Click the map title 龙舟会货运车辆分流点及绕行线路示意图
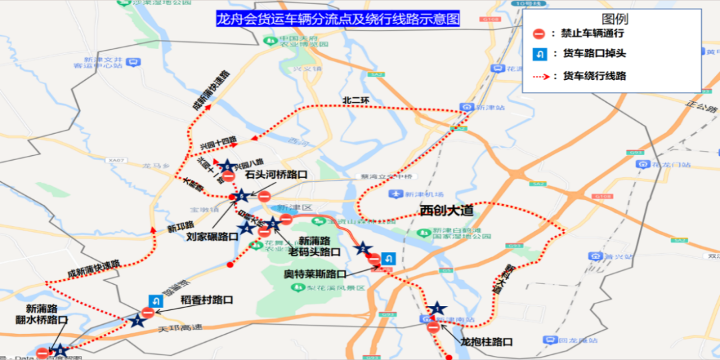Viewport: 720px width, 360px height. point(338,19)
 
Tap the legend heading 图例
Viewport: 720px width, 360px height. point(614,19)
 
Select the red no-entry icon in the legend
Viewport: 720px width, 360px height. point(540,34)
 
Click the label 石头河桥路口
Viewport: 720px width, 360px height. point(276,175)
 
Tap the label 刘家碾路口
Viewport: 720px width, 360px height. point(212,236)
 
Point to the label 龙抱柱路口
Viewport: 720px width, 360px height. point(486,342)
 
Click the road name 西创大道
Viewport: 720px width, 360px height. point(446,211)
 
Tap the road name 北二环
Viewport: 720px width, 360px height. point(355,101)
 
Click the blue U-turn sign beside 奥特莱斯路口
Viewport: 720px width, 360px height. point(389,258)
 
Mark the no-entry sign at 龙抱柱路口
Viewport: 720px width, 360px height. point(433,327)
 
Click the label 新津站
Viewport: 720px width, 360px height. point(487,107)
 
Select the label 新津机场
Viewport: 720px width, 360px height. point(419,194)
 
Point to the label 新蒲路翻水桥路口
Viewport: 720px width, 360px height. point(46,314)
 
